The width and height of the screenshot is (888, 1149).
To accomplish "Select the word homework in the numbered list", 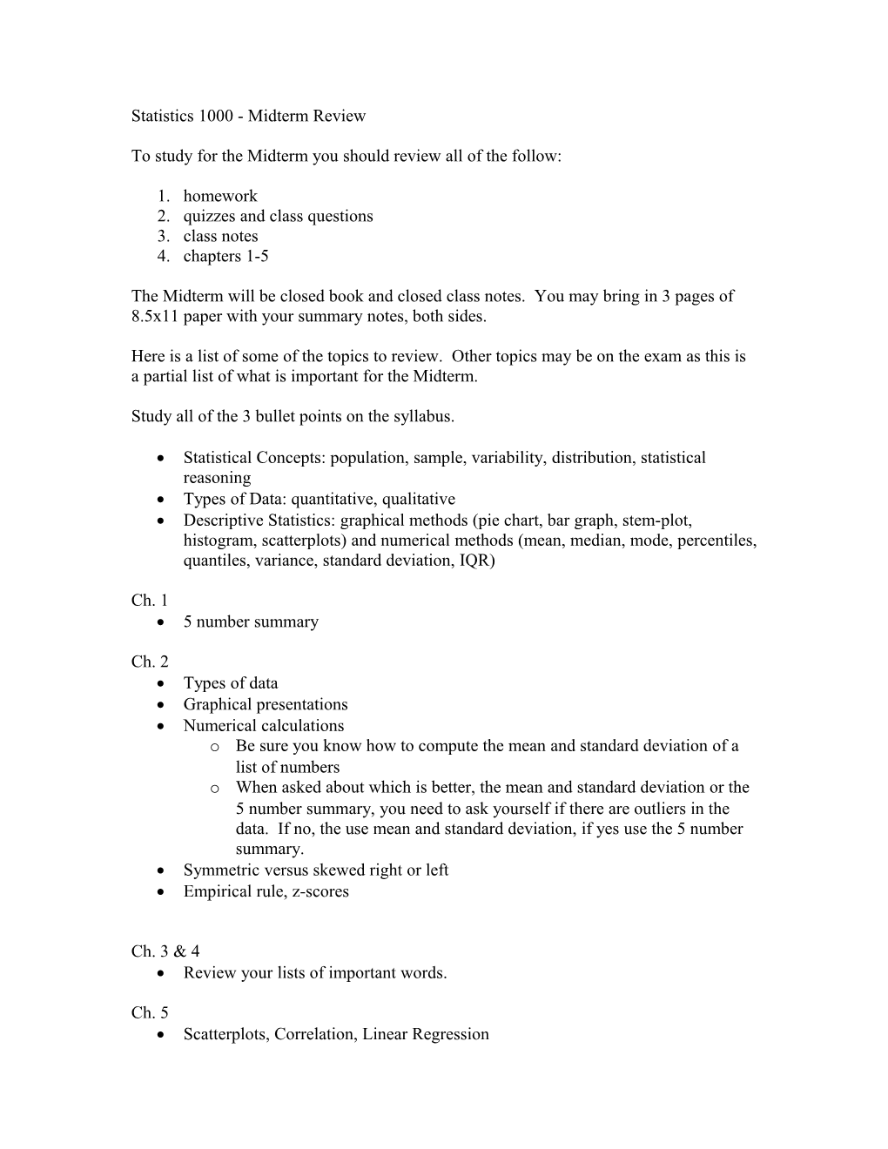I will pyautogui.click(x=220, y=197).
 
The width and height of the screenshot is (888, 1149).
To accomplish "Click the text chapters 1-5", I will pyautogui.click(x=225, y=257).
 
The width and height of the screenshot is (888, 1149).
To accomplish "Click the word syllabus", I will pyautogui.click(x=424, y=417).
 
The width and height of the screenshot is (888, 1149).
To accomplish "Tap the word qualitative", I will pyautogui.click(x=417, y=500).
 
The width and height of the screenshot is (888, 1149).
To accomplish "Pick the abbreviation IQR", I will pyautogui.click(x=475, y=561).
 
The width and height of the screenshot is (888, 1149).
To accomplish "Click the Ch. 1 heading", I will pyautogui.click(x=149, y=601).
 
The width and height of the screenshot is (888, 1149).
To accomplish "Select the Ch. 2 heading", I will pyautogui.click(x=149, y=662).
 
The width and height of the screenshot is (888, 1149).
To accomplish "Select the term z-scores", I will pyautogui.click(x=318, y=891).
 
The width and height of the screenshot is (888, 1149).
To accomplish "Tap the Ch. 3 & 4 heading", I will pyautogui.click(x=165, y=951).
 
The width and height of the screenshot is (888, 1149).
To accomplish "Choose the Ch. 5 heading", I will pyautogui.click(x=149, y=1012).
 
